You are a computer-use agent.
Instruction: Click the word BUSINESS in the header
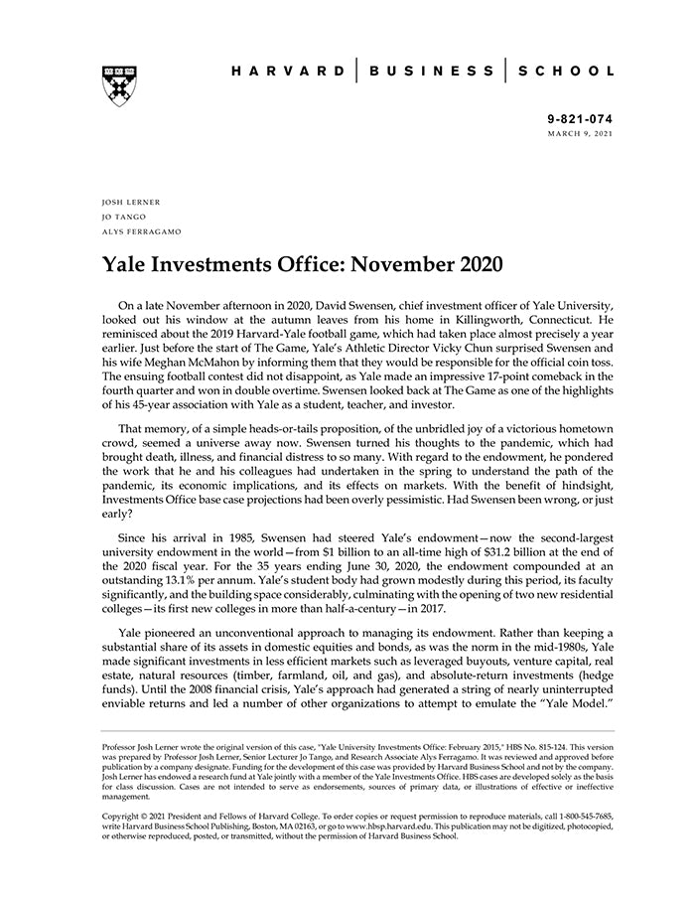[x=431, y=72]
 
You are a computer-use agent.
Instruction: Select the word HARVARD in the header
[x=288, y=72]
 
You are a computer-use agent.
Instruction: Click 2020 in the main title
[x=475, y=266]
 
